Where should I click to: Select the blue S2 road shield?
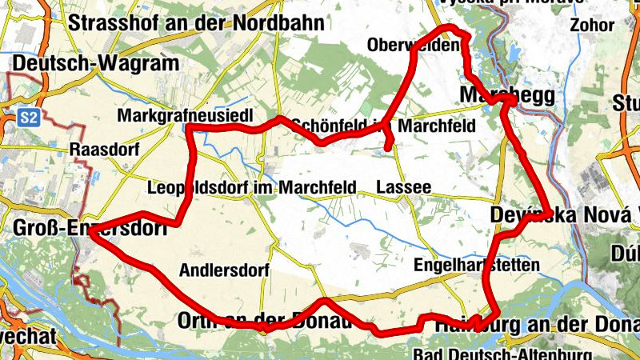[29, 118]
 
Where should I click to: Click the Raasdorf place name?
[105, 150]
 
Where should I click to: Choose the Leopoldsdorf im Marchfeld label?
[252, 188]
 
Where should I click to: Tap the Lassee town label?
[404, 187]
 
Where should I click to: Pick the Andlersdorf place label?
[225, 270]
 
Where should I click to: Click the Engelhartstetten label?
[478, 265]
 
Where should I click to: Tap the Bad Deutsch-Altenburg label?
[503, 354]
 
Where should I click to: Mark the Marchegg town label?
[508, 95]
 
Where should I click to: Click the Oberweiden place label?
[414, 45]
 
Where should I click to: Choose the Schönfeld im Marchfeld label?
[384, 126]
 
